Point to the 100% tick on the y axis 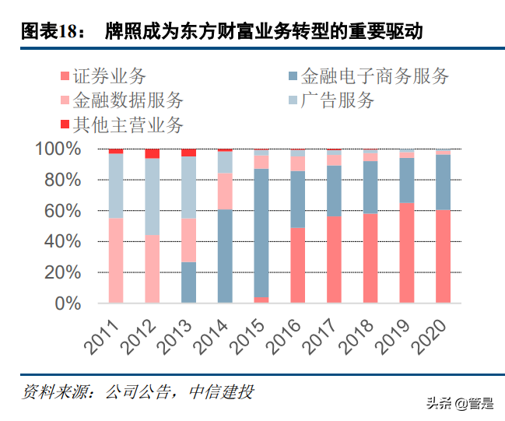[57, 149]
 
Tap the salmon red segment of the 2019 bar [407, 253]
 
